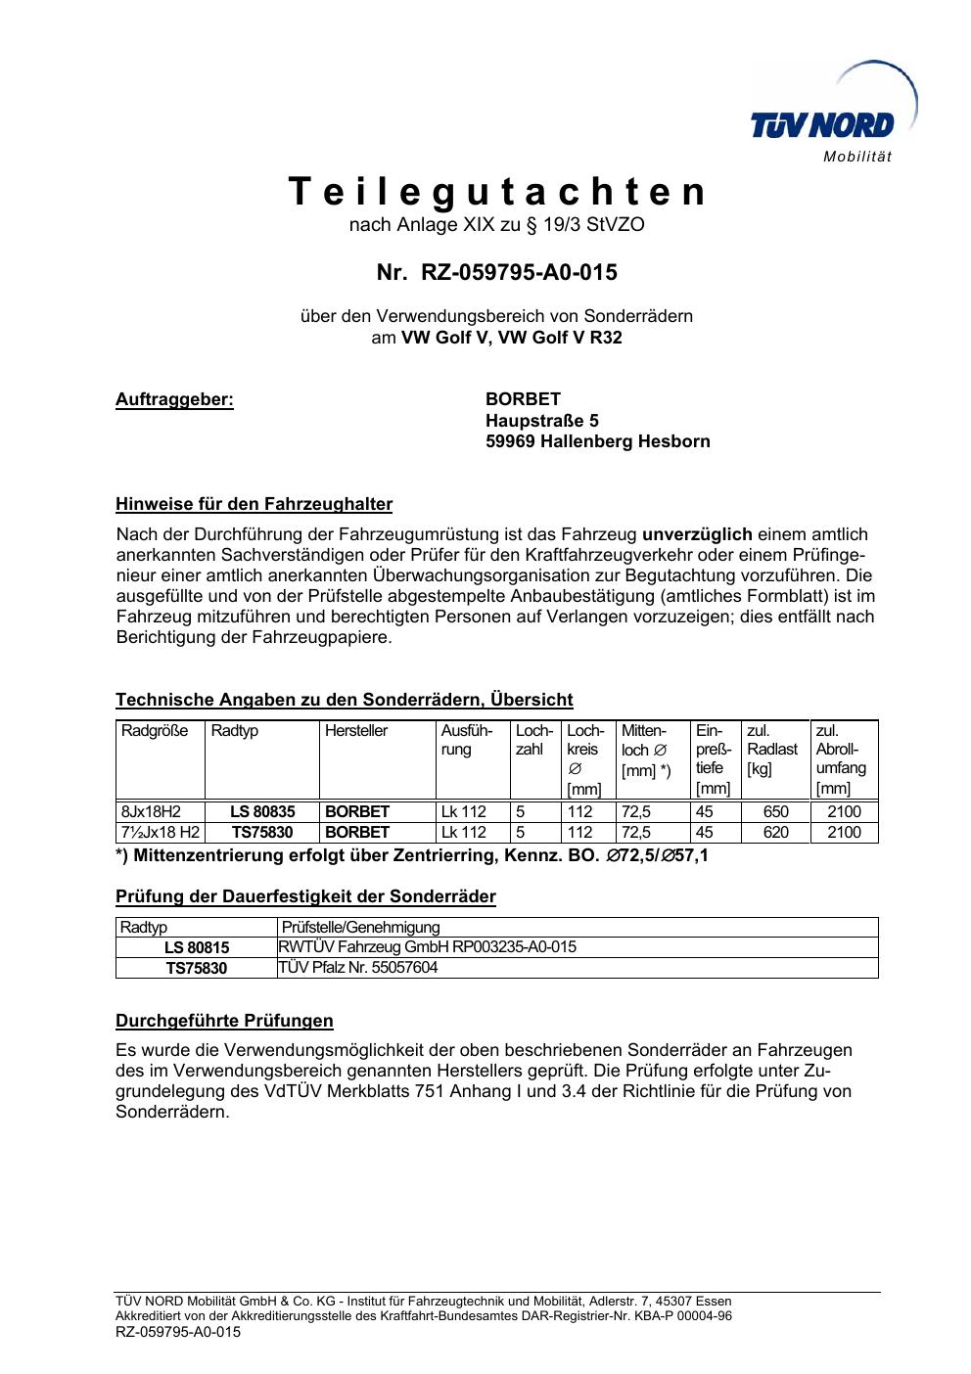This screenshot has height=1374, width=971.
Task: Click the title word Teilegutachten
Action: click(x=496, y=192)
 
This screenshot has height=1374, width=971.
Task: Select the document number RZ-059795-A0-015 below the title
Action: click(x=519, y=272)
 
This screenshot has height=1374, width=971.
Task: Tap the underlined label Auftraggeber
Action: click(x=175, y=399)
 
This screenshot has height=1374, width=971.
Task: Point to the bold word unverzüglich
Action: click(x=697, y=534)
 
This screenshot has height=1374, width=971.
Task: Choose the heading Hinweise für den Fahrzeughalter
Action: click(x=254, y=505)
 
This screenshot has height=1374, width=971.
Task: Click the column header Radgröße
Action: click(x=155, y=731)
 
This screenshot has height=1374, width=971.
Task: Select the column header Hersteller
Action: click(x=356, y=731)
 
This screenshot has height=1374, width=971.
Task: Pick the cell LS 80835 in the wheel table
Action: click(x=262, y=811)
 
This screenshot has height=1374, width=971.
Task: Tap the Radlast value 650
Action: click(x=775, y=811)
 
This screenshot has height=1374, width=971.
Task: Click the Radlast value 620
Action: click(x=775, y=832)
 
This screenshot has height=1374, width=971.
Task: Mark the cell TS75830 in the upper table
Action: click(x=262, y=832)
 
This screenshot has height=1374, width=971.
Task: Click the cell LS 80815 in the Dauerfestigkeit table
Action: click(x=196, y=947)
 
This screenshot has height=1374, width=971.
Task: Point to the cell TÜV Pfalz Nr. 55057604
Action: click(x=358, y=968)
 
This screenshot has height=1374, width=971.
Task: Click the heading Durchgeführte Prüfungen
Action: click(x=224, y=1021)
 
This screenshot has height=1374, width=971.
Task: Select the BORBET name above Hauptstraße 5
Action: click(x=523, y=399)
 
